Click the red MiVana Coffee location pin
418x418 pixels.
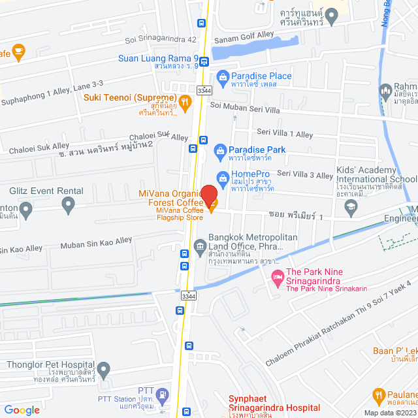208,195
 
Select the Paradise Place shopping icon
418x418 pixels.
223,77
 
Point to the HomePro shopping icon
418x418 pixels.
222,176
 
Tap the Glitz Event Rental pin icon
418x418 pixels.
68,206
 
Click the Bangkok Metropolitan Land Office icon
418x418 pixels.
200,246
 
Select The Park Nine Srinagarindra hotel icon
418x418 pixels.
277,278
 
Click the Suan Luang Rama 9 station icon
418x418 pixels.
204,62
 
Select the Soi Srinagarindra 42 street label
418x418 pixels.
162,39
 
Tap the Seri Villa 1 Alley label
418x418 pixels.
285,134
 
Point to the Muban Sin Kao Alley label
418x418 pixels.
96,244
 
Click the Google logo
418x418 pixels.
22,410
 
